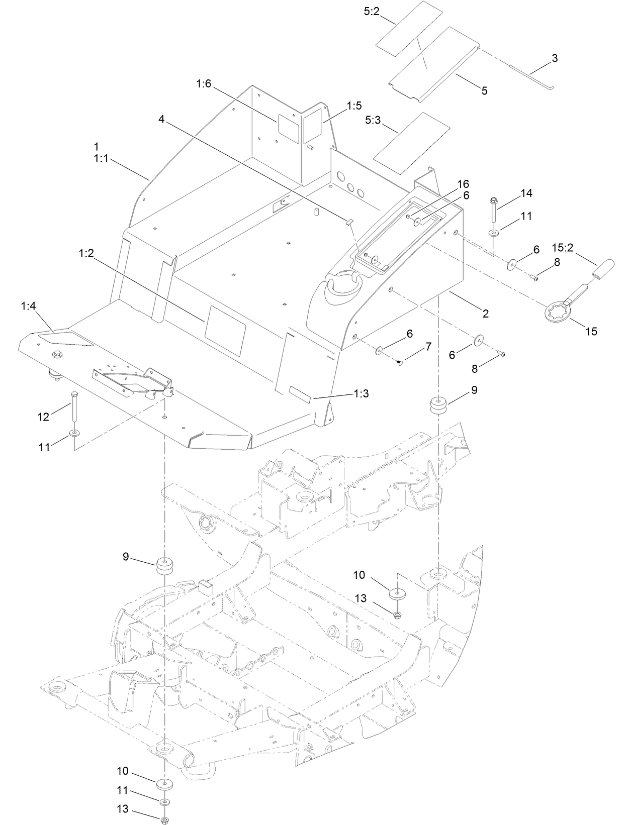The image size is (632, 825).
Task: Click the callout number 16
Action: [463, 184]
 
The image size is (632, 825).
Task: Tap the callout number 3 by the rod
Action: [555, 58]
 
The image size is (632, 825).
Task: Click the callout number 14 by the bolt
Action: [526, 193]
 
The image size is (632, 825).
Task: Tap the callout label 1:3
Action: [361, 394]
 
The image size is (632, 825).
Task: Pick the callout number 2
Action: [485, 314]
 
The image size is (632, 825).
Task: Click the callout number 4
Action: [161, 119]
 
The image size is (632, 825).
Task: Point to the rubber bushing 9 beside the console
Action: [439, 406]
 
